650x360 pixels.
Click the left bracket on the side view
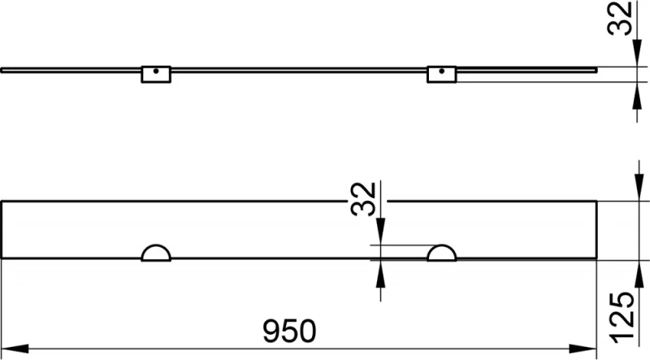click(x=154, y=74)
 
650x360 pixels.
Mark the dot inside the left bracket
click(x=154, y=71)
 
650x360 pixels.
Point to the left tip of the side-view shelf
click(x=3, y=71)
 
